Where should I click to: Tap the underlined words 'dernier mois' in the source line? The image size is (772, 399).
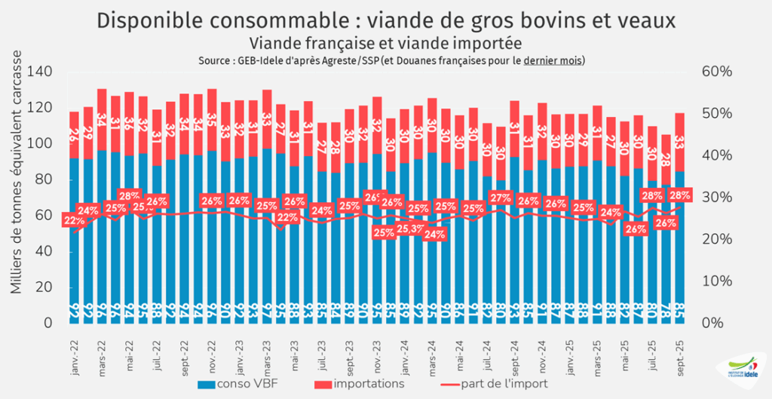coord(553,60)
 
